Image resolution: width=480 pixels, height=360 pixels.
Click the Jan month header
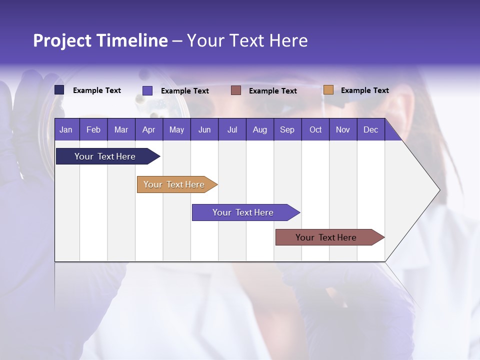[66, 129]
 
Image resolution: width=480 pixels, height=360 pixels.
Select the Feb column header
[93, 129]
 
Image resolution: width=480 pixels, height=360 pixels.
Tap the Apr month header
[148, 129]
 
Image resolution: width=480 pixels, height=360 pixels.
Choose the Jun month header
[204, 129]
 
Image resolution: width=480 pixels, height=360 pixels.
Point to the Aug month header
[259, 129]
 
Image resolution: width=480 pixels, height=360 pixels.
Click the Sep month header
[287, 129]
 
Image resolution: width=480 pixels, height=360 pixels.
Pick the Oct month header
[315, 129]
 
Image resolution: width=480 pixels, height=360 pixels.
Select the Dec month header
[370, 129]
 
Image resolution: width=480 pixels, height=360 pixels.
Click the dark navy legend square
[59, 90]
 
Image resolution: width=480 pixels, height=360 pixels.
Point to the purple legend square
[147, 90]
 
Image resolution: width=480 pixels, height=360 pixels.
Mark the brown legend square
[236, 90]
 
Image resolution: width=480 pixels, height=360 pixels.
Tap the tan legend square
[328, 90]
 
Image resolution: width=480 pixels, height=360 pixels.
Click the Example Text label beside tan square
[364, 90]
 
